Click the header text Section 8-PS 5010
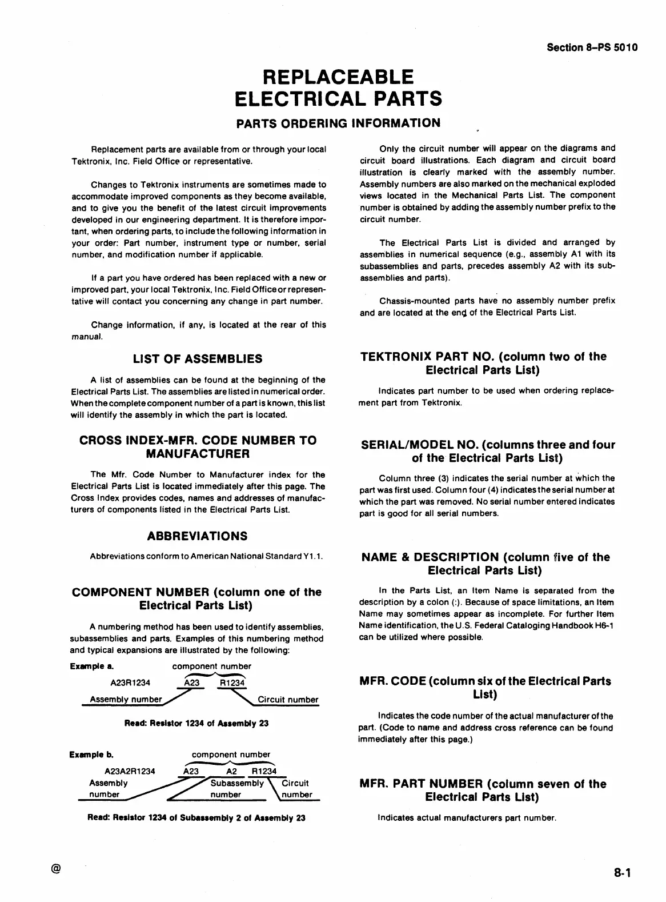click(592, 47)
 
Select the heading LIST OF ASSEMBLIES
click(198, 359)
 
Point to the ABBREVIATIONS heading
click(198, 536)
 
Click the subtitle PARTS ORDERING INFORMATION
click(339, 123)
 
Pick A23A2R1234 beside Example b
click(130, 771)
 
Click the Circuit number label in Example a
click(288, 700)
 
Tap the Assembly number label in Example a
click(126, 700)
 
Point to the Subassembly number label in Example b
click(235, 789)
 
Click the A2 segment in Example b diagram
click(231, 771)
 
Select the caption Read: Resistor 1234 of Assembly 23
click(196, 723)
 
